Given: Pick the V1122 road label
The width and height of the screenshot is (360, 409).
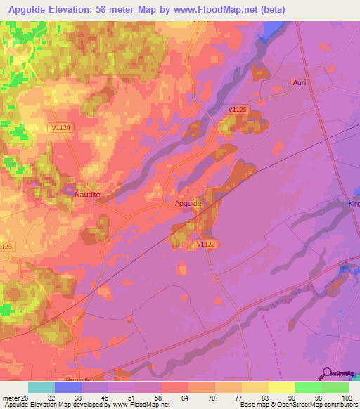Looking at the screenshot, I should click(206, 244).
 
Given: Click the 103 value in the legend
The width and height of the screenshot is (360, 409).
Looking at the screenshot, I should click(345, 397).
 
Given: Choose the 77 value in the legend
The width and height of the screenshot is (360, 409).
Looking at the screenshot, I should click(229, 397).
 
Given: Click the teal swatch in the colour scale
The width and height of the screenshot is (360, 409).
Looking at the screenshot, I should click(41, 387).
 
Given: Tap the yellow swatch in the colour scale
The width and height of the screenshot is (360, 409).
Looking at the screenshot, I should click(281, 387).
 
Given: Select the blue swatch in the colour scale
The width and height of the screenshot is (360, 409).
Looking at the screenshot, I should click(68, 387).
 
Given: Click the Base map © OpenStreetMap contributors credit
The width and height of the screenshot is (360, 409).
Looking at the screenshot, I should click(298, 405).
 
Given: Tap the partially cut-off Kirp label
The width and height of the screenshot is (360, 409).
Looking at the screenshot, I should click(353, 202).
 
